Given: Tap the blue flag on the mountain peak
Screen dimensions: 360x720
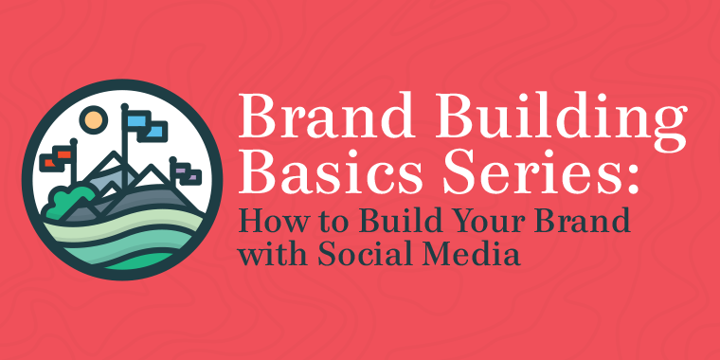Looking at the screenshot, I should pos(142,124).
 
